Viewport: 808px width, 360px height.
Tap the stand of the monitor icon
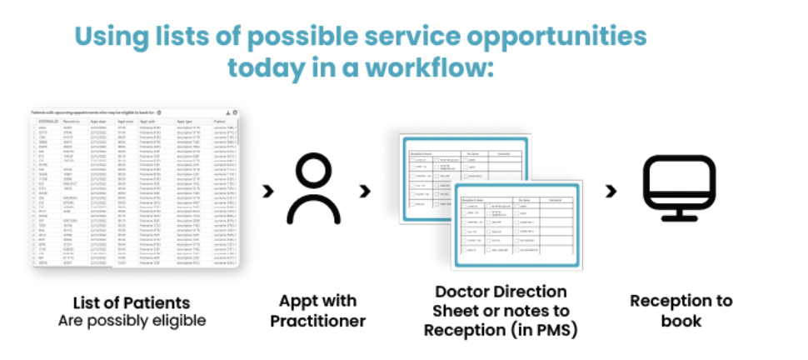(679, 214)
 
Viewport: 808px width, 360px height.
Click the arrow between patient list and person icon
(267, 191)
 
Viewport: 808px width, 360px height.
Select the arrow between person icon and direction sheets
(364, 191)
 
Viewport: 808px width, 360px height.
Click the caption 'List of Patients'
(131, 302)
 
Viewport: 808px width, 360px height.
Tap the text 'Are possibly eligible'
(131, 320)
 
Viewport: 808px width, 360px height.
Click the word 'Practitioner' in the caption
(317, 320)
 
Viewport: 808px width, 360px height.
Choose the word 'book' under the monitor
(679, 320)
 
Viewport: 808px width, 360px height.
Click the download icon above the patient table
(227, 112)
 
